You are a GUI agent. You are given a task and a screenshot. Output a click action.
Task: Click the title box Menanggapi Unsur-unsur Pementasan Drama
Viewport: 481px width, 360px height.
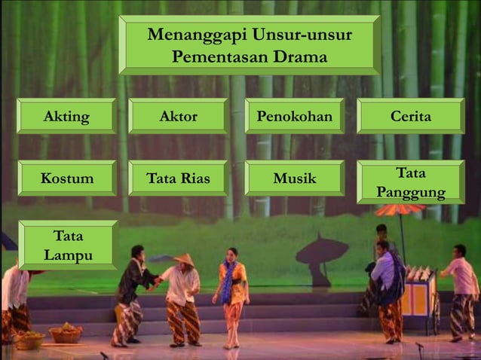[249, 45]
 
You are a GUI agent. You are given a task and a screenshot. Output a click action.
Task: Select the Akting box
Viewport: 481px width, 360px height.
[66, 117]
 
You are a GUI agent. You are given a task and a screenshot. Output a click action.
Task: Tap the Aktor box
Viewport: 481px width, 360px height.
[178, 117]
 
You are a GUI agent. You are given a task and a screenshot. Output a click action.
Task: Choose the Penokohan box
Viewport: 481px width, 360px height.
[294, 117]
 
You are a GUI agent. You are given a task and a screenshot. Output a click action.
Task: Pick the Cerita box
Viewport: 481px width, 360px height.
[410, 117]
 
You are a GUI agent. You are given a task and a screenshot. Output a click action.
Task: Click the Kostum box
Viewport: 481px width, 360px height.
[66, 178]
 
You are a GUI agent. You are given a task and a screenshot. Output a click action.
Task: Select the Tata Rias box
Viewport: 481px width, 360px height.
[178, 178]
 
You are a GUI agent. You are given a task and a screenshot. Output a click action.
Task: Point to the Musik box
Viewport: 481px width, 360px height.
[294, 178]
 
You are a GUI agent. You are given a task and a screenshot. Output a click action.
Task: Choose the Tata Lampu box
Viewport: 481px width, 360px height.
[68, 246]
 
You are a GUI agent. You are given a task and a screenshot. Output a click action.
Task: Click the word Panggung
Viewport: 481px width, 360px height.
[411, 193]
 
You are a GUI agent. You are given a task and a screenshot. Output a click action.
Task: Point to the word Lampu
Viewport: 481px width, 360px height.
[68, 255]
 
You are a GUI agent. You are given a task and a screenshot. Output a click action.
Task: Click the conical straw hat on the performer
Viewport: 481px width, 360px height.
[182, 260]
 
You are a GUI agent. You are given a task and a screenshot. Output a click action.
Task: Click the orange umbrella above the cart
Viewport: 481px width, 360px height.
[400, 209]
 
